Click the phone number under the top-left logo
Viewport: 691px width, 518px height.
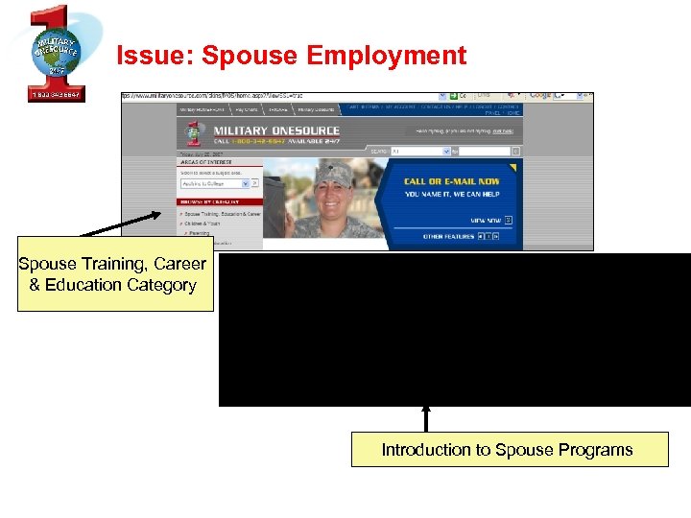click(x=55, y=94)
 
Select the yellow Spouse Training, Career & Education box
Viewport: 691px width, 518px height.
click(x=112, y=274)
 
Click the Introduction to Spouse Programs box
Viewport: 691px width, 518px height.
click(x=509, y=450)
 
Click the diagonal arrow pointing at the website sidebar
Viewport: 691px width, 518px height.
click(x=121, y=223)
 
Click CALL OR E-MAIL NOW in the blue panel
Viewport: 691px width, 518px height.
click(x=452, y=181)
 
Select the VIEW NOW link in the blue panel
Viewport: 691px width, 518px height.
click(x=486, y=220)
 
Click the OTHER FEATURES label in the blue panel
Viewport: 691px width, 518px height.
click(x=449, y=236)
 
